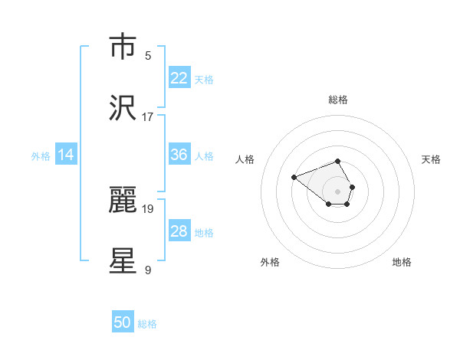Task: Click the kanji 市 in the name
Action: (x=123, y=47)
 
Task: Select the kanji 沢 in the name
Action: (x=123, y=108)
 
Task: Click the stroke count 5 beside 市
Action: (x=148, y=56)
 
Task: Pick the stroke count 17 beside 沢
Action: (x=148, y=117)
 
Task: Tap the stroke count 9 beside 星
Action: (x=148, y=270)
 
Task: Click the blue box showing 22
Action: (x=179, y=78)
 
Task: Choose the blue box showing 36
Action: (x=179, y=155)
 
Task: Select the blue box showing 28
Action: (x=179, y=231)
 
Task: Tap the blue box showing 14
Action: (x=66, y=155)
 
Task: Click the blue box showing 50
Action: (x=123, y=322)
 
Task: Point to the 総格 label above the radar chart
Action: (x=337, y=100)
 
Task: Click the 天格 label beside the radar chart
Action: (x=431, y=159)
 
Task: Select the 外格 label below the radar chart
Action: (x=270, y=262)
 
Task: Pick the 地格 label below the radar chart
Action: (x=402, y=262)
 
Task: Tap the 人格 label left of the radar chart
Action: (x=245, y=159)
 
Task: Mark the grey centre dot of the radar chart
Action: (x=337, y=191)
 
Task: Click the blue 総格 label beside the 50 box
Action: (x=147, y=324)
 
